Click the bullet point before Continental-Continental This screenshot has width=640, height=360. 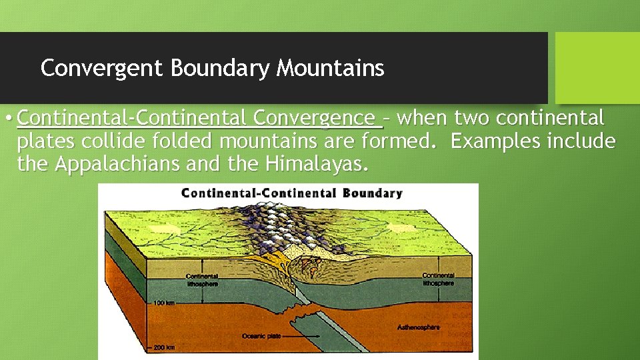pyautogui.click(x=7, y=119)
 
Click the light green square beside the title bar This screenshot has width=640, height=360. pyautogui.click(x=597, y=67)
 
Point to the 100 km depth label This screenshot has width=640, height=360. pyautogui.click(x=164, y=303)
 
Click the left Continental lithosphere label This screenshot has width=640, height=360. pyautogui.click(x=202, y=280)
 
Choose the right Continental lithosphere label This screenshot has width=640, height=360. pyautogui.click(x=438, y=279)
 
